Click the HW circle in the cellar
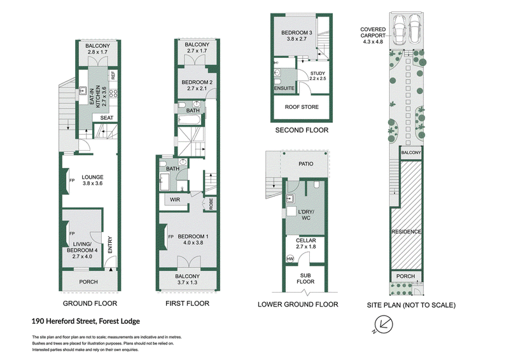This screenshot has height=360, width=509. point(290,259)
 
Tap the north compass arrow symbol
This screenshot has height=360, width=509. point(384,324)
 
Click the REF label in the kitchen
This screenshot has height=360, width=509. point(113,76)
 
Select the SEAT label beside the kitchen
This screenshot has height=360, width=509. point(106,118)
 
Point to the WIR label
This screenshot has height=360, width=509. point(174,200)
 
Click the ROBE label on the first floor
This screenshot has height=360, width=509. point(211,204)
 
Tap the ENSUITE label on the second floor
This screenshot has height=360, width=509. point(284,88)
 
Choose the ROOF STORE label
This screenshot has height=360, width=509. point(302,107)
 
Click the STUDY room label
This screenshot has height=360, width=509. point(317,73)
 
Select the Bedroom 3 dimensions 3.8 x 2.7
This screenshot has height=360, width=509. point(296,39)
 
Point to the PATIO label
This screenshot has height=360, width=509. point(306,164)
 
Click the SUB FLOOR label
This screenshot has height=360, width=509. point(305,279)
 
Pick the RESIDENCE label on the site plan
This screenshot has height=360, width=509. point(406,232)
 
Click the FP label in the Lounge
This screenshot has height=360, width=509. point(72,181)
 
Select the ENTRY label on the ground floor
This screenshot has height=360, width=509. point(109,245)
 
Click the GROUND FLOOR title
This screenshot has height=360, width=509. point(90,303)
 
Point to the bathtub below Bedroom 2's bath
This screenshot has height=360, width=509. point(190,120)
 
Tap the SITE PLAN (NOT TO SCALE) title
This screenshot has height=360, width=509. point(411,305)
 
